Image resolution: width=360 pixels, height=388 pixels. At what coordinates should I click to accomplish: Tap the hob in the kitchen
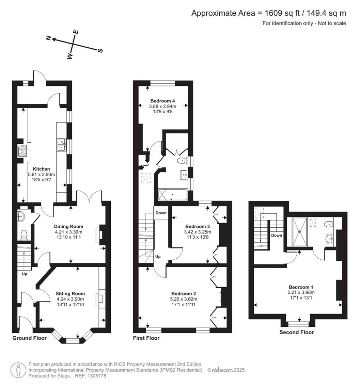click(x=22, y=151)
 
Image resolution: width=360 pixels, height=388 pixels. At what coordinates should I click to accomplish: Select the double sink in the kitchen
click(x=62, y=144)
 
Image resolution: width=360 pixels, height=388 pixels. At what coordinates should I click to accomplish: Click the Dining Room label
click(x=69, y=226)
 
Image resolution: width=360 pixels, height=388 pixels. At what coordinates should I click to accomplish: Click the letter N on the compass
click(x=49, y=38)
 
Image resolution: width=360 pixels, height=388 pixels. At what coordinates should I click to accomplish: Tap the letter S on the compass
click(x=100, y=51)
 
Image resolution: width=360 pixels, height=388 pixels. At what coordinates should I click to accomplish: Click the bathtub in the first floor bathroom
click(x=173, y=194)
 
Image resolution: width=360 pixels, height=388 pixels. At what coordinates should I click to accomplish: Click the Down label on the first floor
click(x=161, y=213)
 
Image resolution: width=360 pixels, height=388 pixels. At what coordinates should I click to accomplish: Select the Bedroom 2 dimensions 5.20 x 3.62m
click(x=184, y=299)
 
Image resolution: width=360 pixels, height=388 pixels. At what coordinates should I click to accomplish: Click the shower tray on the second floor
click(x=300, y=231)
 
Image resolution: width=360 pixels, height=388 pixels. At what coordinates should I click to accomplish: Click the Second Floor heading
click(x=296, y=332)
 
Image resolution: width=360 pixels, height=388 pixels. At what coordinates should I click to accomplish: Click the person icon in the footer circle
click(x=18, y=370)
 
